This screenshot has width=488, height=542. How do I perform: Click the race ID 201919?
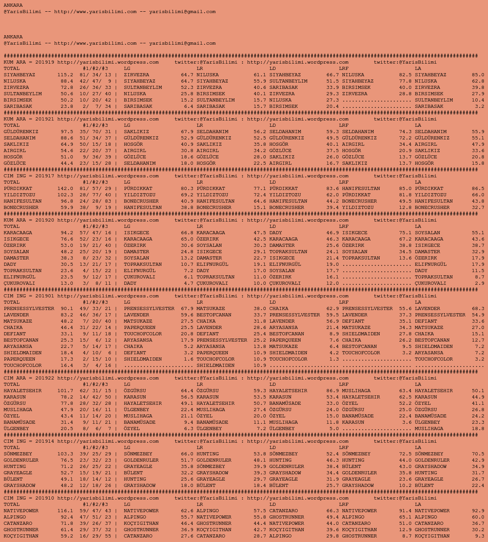[x=45, y=62]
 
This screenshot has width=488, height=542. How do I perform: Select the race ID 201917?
[x=45, y=176]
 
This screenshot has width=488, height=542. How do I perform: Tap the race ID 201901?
[x=45, y=296]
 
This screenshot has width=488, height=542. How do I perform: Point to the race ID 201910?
[x=45, y=498]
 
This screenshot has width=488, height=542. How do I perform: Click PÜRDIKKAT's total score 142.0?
[x=65, y=189]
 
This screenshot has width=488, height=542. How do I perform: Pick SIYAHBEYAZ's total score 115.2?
[x=65, y=75]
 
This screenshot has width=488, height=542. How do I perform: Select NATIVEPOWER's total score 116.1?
[x=65, y=511]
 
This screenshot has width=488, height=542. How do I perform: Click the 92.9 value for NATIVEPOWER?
[x=478, y=511]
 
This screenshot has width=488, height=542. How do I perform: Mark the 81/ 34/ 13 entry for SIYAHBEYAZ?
[x=95, y=75]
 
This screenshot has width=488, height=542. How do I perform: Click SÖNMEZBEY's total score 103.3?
[x=65, y=454]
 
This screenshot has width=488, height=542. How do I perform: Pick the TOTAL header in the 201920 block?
[x=12, y=227]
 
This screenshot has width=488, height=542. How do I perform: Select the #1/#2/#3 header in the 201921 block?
[x=95, y=125]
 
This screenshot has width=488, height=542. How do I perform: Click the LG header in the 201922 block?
[x=127, y=384]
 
